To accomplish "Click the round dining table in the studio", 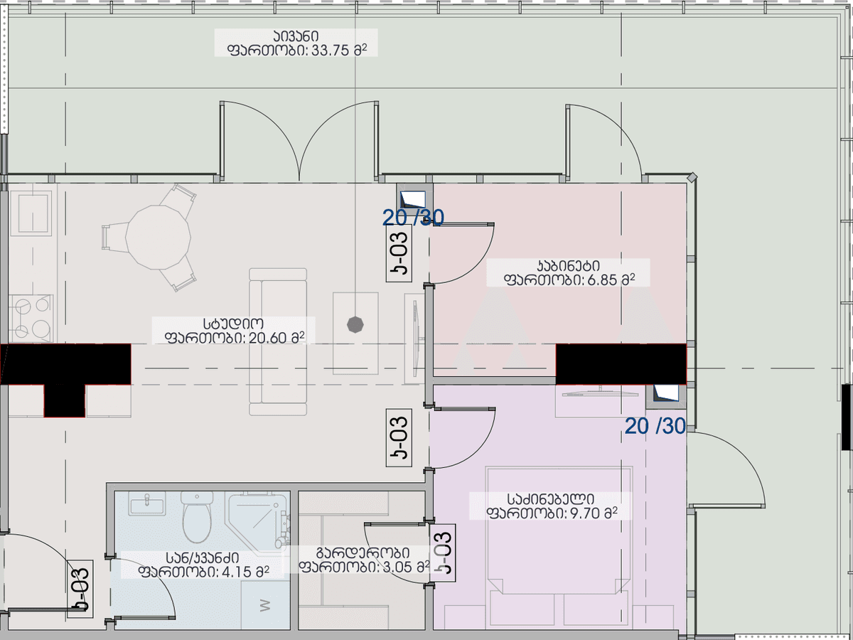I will [x=159, y=238].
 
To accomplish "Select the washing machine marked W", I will [x=265, y=605].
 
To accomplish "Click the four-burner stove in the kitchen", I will [x=31, y=318].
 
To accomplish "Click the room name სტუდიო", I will [x=234, y=323].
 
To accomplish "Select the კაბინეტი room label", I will [x=568, y=266].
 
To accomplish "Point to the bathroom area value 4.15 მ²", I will [x=242, y=570].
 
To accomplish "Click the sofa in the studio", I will [x=278, y=341].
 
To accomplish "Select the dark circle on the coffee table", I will [x=355, y=324].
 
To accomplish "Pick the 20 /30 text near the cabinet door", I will [x=413, y=218].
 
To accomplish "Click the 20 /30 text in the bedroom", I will [x=655, y=426].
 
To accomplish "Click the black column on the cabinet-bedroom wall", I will [x=621, y=364].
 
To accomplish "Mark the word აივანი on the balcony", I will [x=293, y=36].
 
